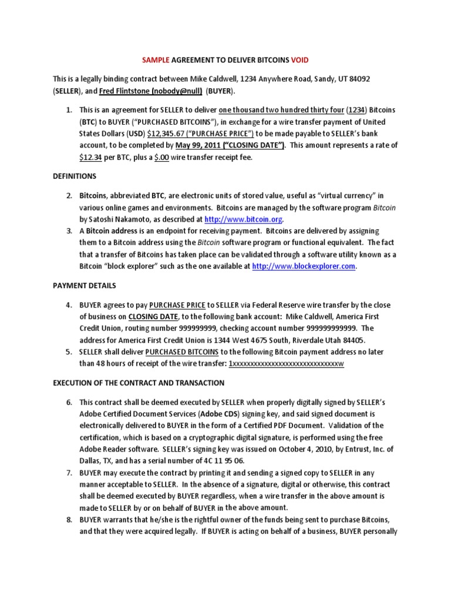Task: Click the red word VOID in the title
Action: [298, 60]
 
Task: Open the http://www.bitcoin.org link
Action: [243, 219]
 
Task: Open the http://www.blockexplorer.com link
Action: [304, 266]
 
